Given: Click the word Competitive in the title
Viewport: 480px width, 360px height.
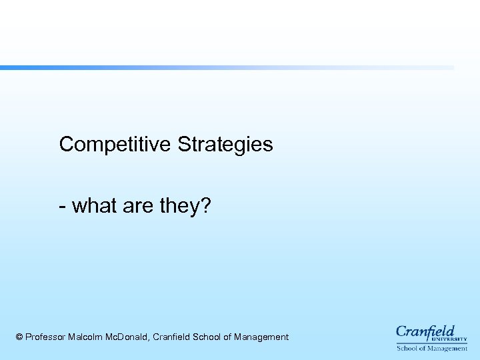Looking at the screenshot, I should [116, 144].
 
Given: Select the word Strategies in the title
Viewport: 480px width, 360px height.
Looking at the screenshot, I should [225, 145].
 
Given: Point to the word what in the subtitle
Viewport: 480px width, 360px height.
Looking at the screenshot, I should [94, 205].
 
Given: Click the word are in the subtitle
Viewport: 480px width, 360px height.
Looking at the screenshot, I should [138, 207].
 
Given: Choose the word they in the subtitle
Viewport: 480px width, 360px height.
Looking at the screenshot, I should [179, 207].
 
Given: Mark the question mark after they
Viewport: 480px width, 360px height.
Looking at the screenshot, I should [205, 205].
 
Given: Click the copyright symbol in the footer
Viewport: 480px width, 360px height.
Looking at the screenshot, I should [19, 337].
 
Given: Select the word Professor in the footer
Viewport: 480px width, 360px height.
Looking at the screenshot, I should [45, 337].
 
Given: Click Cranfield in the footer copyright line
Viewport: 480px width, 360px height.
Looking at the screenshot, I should [171, 337].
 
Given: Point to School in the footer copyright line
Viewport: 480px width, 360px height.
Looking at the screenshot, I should [207, 337].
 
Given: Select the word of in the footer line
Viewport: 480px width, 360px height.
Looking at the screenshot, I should [227, 337].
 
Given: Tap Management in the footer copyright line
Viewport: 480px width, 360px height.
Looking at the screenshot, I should [261, 337].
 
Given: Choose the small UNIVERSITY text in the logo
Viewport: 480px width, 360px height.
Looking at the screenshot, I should [453, 339].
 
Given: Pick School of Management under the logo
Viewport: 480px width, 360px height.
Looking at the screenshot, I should [432, 348].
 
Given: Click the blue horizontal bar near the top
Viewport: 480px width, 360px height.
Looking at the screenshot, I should [227, 67].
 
